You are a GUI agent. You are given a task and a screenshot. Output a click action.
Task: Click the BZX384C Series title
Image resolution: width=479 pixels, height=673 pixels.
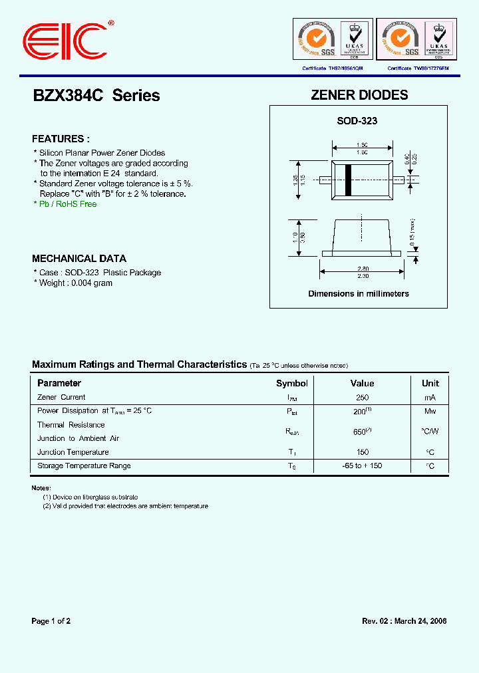click(96, 96)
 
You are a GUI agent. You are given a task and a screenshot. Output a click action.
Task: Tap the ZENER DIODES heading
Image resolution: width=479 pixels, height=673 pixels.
click(359, 95)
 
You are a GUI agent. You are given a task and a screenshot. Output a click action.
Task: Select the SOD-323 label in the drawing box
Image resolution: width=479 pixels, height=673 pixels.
click(357, 121)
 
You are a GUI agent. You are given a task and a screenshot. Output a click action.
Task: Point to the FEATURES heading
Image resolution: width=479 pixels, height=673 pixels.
click(61, 139)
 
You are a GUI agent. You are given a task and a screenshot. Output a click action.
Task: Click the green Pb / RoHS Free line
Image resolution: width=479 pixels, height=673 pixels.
click(65, 204)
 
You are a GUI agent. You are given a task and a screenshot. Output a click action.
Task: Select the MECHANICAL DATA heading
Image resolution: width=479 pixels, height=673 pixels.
click(79, 259)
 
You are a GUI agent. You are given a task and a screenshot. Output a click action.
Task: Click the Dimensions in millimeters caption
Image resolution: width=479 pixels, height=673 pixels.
click(358, 293)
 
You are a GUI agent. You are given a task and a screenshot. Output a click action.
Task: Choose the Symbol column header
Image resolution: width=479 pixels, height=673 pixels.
click(292, 384)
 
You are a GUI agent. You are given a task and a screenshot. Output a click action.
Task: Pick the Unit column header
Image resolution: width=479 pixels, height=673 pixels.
click(430, 384)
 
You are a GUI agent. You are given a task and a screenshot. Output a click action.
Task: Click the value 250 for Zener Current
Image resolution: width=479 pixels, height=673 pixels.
click(362, 398)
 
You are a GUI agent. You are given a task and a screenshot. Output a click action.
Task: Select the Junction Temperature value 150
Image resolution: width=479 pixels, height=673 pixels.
click(362, 452)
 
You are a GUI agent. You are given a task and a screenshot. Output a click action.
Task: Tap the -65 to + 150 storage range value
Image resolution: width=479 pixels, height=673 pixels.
click(362, 466)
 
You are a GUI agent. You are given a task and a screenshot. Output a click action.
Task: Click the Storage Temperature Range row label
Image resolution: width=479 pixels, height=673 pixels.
click(84, 466)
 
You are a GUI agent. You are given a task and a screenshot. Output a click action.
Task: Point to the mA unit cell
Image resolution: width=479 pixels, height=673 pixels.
click(430, 398)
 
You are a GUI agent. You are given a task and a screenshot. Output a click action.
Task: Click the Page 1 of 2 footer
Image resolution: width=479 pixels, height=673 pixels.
click(51, 621)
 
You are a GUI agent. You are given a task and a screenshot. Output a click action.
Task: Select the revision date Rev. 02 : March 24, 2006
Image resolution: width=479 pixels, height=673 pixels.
click(404, 621)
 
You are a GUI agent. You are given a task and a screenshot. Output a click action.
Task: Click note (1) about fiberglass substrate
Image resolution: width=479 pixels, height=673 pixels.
click(90, 497)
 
